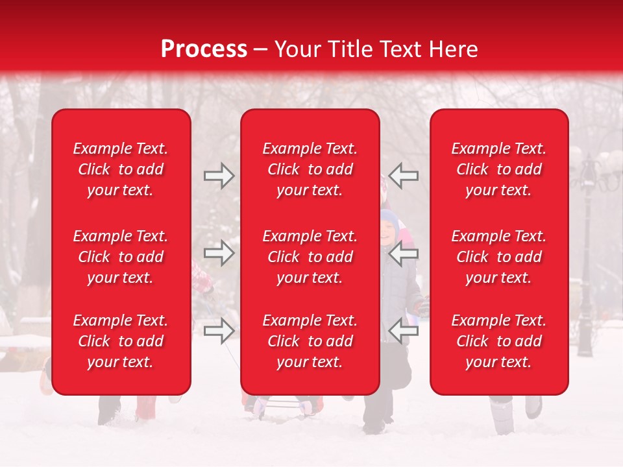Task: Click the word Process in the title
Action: (x=204, y=49)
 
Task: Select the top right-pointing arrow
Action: (x=219, y=175)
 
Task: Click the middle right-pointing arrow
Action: (x=219, y=253)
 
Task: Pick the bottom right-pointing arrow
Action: (x=219, y=331)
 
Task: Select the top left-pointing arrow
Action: (x=404, y=175)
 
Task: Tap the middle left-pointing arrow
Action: (x=404, y=253)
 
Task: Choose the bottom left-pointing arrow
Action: (x=404, y=331)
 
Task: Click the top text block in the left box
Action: (x=121, y=169)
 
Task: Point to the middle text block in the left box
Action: (x=121, y=257)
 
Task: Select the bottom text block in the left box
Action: (x=121, y=341)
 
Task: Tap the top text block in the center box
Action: (x=310, y=169)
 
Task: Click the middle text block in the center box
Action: (x=310, y=257)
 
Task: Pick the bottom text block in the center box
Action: (x=310, y=341)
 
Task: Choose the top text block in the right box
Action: (x=498, y=169)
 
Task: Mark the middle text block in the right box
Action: (x=498, y=257)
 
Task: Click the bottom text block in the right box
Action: (x=498, y=341)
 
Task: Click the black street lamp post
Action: (x=587, y=272)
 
